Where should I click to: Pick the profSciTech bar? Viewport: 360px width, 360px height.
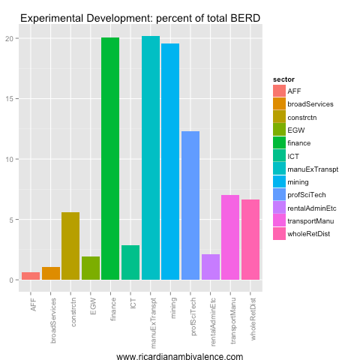[190, 205]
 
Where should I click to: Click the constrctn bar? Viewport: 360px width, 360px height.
[70, 246]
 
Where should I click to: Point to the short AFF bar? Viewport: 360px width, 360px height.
[31, 276]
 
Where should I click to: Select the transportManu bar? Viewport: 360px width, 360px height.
[230, 238]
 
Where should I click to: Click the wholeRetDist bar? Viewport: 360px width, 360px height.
[250, 240]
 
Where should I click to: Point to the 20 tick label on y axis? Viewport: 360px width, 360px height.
[9, 38]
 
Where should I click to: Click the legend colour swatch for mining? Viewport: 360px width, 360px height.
[279, 181]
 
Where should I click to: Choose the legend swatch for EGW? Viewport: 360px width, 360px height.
[279, 130]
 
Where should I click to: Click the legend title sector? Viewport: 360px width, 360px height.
[283, 78]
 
